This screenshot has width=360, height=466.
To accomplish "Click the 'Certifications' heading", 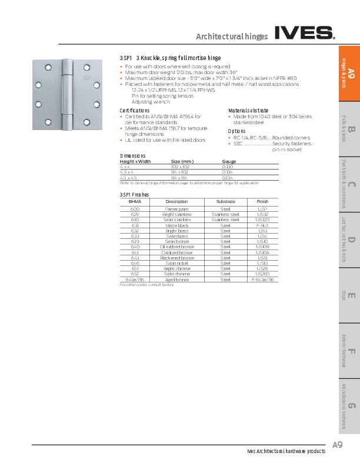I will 135,111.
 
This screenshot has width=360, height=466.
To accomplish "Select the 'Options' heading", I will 236,131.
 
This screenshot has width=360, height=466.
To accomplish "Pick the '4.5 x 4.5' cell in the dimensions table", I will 129,177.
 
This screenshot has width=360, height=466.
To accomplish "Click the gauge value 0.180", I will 227,167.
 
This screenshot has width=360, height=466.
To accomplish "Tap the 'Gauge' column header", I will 229,161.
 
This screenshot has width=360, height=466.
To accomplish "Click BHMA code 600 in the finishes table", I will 135,208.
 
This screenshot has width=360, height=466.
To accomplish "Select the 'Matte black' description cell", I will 176,225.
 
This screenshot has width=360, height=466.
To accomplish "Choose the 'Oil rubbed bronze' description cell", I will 176,247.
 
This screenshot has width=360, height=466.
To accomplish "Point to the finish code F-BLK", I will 262,225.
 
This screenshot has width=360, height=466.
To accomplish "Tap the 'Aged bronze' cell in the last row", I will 176,279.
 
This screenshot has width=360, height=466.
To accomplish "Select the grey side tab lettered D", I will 350,241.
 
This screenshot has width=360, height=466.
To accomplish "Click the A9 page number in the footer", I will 337,444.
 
